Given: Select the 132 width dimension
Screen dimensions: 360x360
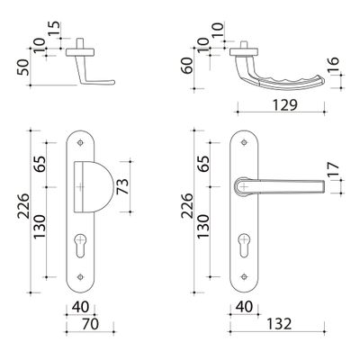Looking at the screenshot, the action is [279, 324].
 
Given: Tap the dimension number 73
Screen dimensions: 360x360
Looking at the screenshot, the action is [122, 186].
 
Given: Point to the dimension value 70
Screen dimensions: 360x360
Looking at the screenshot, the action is [90, 324].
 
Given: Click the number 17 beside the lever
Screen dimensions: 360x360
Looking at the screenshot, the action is [333, 169].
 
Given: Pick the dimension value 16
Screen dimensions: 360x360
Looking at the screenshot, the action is [333, 65].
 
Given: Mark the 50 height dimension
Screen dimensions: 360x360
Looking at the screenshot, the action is [24, 67].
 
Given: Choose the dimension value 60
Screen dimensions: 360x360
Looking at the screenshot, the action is [188, 67].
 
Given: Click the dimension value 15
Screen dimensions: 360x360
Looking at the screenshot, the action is [55, 29].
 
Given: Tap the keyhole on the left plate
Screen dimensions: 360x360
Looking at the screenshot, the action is [79, 246].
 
